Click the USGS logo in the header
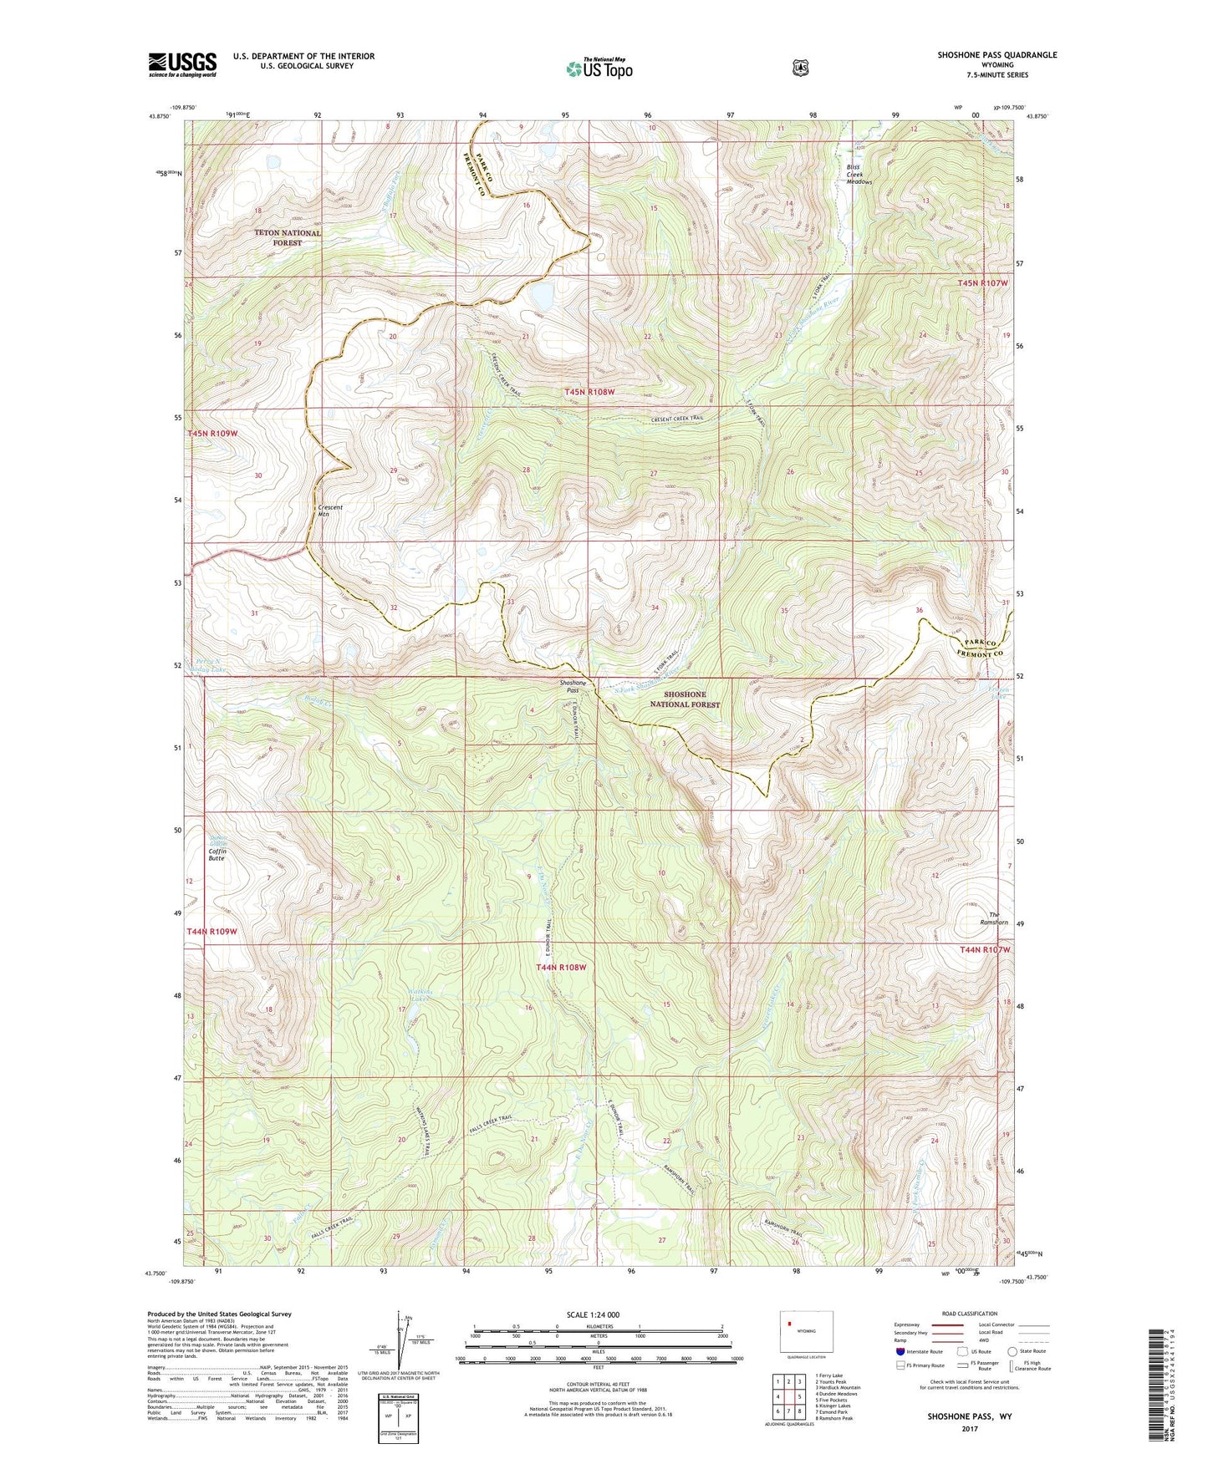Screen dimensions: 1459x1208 tap(182, 64)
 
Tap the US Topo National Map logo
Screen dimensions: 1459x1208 tap(599, 68)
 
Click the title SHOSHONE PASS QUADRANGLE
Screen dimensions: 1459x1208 tap(996, 55)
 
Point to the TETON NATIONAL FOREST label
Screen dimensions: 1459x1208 tap(288, 238)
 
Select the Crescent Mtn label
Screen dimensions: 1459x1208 tap(330, 511)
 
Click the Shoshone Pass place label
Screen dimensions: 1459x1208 tap(573, 687)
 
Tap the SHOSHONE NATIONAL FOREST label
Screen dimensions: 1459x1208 tap(685, 699)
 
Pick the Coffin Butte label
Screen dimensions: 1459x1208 tap(217, 854)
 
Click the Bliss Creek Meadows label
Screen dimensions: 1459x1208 tap(859, 174)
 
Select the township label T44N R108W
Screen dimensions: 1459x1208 tap(560, 967)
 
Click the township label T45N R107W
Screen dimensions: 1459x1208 tap(983, 283)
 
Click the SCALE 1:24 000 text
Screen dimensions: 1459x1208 tap(593, 1314)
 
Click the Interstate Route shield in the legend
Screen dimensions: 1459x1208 tap(900, 1351)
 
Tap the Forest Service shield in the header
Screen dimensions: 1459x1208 tap(800, 68)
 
